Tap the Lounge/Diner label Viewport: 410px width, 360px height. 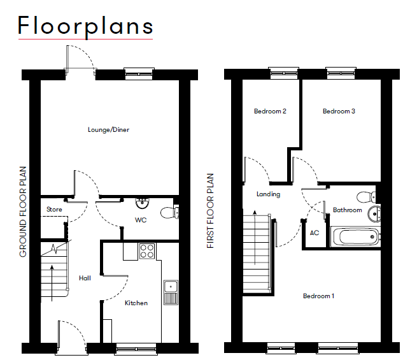pyautogui.click(x=108, y=130)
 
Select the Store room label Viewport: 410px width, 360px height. pyautogui.click(x=54, y=209)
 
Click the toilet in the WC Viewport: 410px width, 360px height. pyautogui.click(x=169, y=213)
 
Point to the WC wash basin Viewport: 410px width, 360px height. pyautogui.click(x=143, y=203)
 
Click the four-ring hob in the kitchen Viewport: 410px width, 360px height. pyautogui.click(x=147, y=251)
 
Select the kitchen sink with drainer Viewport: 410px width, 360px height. pyautogui.click(x=171, y=292)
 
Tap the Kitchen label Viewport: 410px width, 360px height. pyautogui.click(x=136, y=303)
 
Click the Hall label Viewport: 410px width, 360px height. pyautogui.click(x=85, y=278)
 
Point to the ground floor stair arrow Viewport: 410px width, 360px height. pyautogui.click(x=52, y=283)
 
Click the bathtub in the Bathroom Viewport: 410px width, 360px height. pyautogui.click(x=355, y=237)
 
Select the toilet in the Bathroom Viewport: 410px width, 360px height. pyautogui.click(x=366, y=197)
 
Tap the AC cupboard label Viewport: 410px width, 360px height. pyautogui.click(x=315, y=233)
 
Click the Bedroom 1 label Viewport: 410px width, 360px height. pyautogui.click(x=318, y=296)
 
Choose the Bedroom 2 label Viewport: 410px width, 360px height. pyautogui.click(x=270, y=112)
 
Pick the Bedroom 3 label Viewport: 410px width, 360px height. pyautogui.click(x=339, y=112)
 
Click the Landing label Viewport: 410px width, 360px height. pyautogui.click(x=268, y=194)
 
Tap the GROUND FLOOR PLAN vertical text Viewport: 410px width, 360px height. pyautogui.click(x=23, y=212)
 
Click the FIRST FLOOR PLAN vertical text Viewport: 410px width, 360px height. pyautogui.click(x=210, y=211)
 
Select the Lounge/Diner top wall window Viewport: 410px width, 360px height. pyautogui.click(x=139, y=74)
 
